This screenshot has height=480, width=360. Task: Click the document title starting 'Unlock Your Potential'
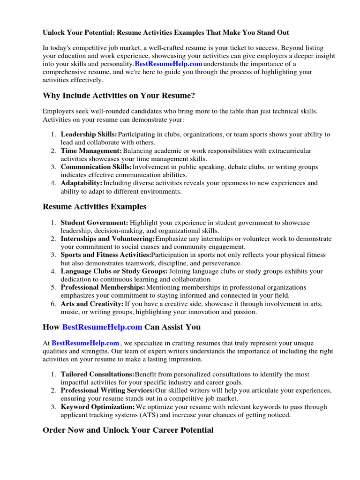(166, 32)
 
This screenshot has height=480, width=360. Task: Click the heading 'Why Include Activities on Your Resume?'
(119, 96)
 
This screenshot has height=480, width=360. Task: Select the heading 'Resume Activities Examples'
(94, 206)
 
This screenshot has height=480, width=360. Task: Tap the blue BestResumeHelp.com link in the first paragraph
(168, 64)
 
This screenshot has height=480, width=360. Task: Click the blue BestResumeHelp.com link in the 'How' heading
(102, 327)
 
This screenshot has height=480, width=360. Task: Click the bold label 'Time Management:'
(91, 151)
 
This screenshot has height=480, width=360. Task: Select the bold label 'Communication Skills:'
(96, 167)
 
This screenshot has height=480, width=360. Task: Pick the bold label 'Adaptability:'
(81, 183)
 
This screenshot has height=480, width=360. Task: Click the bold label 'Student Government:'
(94, 223)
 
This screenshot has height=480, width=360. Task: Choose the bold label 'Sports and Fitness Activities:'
(106, 255)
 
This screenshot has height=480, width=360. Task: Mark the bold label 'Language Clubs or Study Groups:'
(114, 271)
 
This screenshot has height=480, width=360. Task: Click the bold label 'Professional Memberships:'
(103, 287)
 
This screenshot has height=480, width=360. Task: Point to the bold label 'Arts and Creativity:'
(92, 304)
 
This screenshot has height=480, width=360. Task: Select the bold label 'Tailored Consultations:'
(97, 375)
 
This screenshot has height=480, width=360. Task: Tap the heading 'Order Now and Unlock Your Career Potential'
(128, 430)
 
